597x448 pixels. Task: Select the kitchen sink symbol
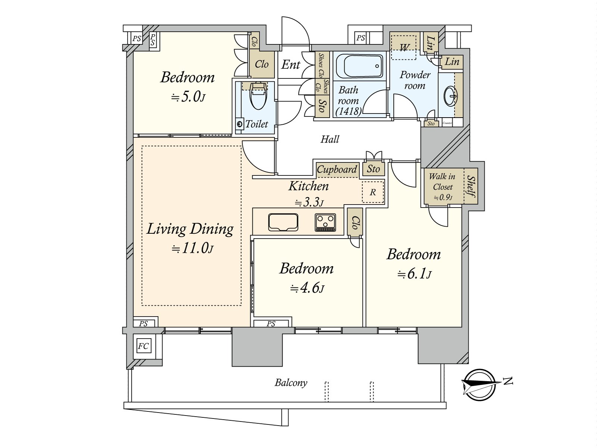coord(283,222)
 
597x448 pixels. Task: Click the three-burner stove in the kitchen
coord(325,222)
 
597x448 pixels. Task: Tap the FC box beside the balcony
coord(143,346)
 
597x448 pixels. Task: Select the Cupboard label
coord(337,169)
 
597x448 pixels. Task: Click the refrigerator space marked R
coord(373,192)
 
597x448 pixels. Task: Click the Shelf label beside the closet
coord(471,187)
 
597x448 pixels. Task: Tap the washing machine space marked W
coord(404,48)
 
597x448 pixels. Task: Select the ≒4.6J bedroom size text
coord(307,289)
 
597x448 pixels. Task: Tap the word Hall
coord(330,140)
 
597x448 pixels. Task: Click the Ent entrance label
coord(291,65)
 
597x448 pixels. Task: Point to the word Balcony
coord(291,383)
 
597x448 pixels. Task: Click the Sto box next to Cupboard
coord(373,169)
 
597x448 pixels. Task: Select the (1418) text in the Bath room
coord(348,111)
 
